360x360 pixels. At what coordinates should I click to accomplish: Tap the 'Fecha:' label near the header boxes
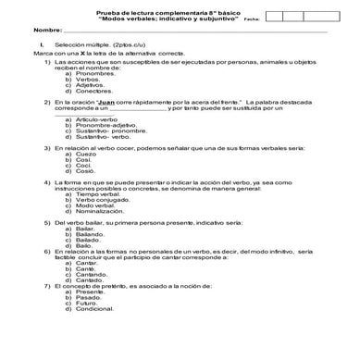pos(251,17)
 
